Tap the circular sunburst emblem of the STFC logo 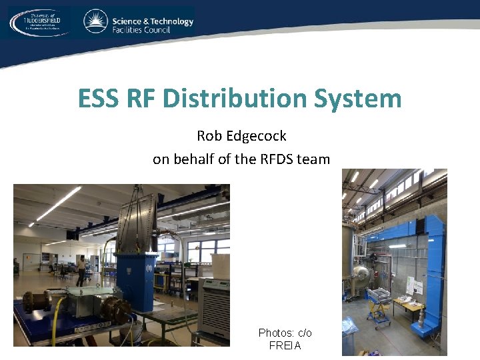coord(96,21)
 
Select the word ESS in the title coord(98,99)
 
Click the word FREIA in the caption coord(285,345)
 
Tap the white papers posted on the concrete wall coord(415,285)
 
